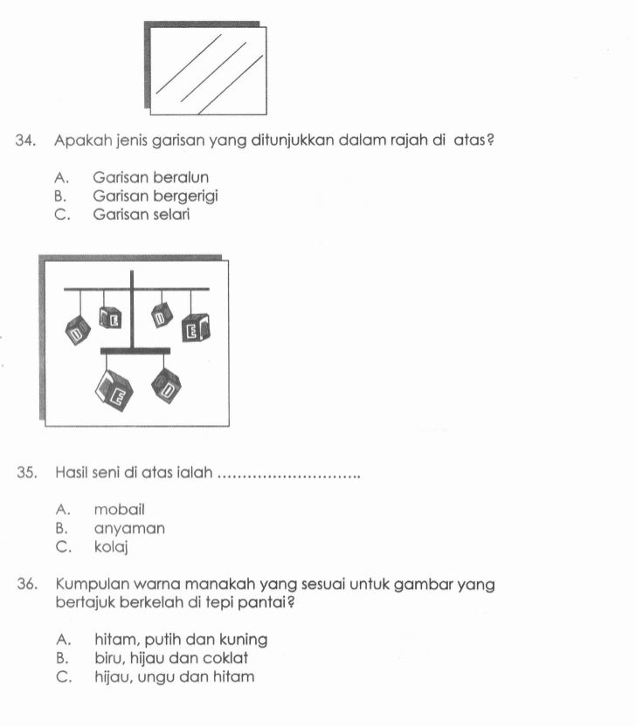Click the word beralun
(x=181, y=178)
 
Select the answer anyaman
(x=129, y=528)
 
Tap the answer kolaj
(x=111, y=547)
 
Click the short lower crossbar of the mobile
(x=135, y=351)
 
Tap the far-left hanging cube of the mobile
(x=78, y=331)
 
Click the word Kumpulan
(x=91, y=586)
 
